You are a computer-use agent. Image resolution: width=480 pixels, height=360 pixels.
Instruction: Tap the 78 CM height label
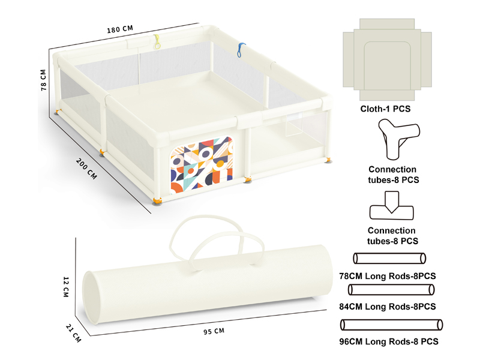[x=43, y=78]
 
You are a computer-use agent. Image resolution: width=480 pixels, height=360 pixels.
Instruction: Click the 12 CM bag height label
[x=67, y=287]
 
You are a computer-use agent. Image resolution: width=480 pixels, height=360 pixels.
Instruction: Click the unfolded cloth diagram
[x=388, y=58]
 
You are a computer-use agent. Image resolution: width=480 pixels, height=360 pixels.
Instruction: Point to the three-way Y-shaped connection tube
[x=392, y=137]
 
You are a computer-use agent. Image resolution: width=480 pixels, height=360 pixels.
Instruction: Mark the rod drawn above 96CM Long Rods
[x=391, y=325]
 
